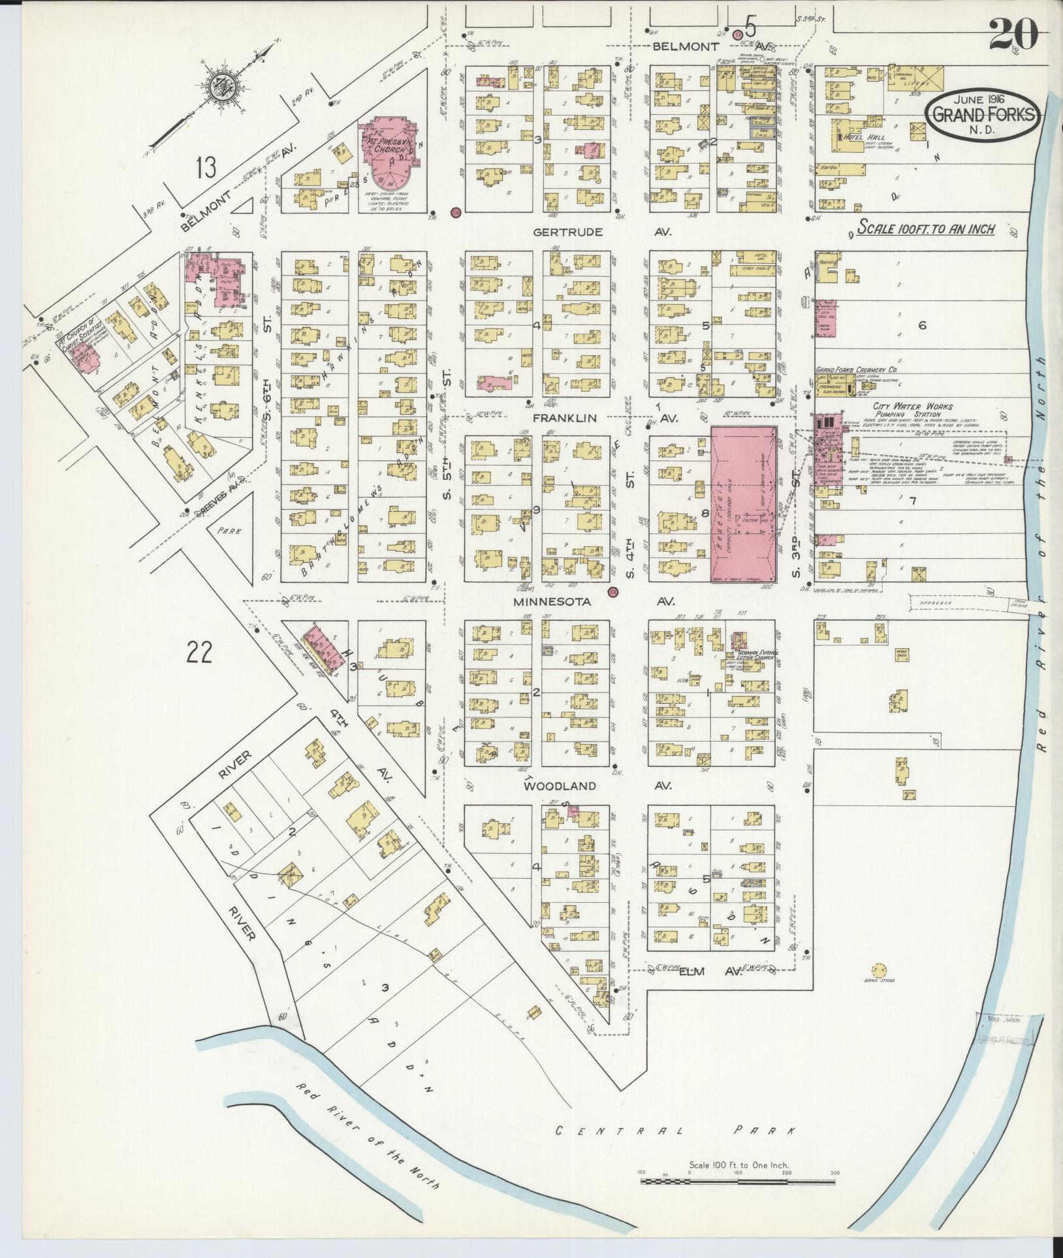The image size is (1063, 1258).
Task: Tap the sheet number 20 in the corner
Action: click(x=1013, y=34)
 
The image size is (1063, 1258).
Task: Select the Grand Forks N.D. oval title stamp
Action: click(x=983, y=116)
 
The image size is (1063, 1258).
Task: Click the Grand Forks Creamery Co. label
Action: click(x=856, y=370)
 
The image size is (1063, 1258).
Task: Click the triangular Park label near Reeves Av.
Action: click(x=230, y=531)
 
